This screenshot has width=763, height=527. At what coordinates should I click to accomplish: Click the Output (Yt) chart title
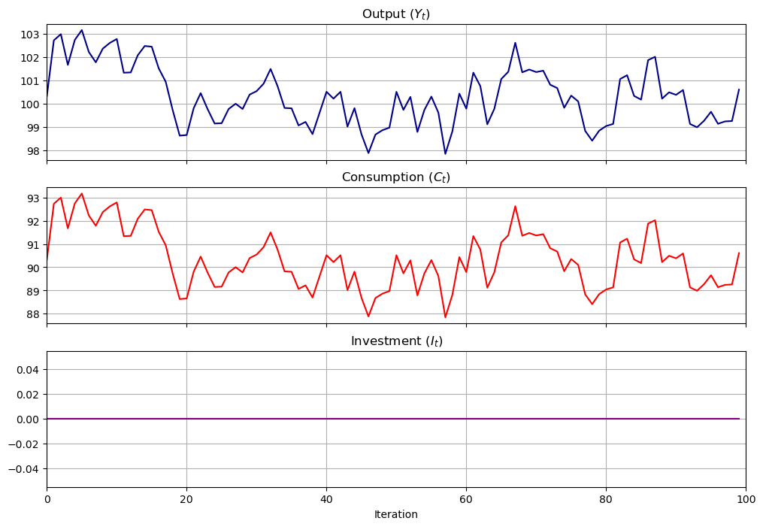click(395, 14)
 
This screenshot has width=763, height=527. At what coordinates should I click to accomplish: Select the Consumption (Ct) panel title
click(395, 177)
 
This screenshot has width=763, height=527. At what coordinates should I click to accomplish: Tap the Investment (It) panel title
click(395, 341)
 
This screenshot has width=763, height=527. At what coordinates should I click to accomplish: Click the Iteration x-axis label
click(395, 515)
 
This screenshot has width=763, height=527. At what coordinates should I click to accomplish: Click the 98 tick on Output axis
click(33, 151)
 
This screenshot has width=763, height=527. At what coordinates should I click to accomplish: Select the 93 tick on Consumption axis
click(33, 198)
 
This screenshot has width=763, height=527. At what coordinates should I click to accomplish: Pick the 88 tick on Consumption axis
click(33, 314)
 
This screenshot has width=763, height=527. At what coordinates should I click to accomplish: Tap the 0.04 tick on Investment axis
click(28, 370)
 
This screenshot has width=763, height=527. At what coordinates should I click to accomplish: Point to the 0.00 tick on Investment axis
click(28, 419)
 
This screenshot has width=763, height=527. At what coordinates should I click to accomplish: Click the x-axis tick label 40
click(326, 498)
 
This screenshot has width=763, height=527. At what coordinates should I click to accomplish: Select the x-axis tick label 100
click(746, 498)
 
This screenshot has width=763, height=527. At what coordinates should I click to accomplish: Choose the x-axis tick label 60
click(466, 498)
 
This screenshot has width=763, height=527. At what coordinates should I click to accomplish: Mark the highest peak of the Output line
click(81, 30)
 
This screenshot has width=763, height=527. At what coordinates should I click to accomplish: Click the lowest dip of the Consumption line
click(445, 317)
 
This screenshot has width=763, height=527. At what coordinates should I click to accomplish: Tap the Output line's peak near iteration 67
click(515, 43)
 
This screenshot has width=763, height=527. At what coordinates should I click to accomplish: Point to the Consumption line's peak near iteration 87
click(655, 220)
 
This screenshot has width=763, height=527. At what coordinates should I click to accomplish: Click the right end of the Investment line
click(739, 419)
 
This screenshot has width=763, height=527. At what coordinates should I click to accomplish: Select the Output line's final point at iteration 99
click(739, 89)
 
